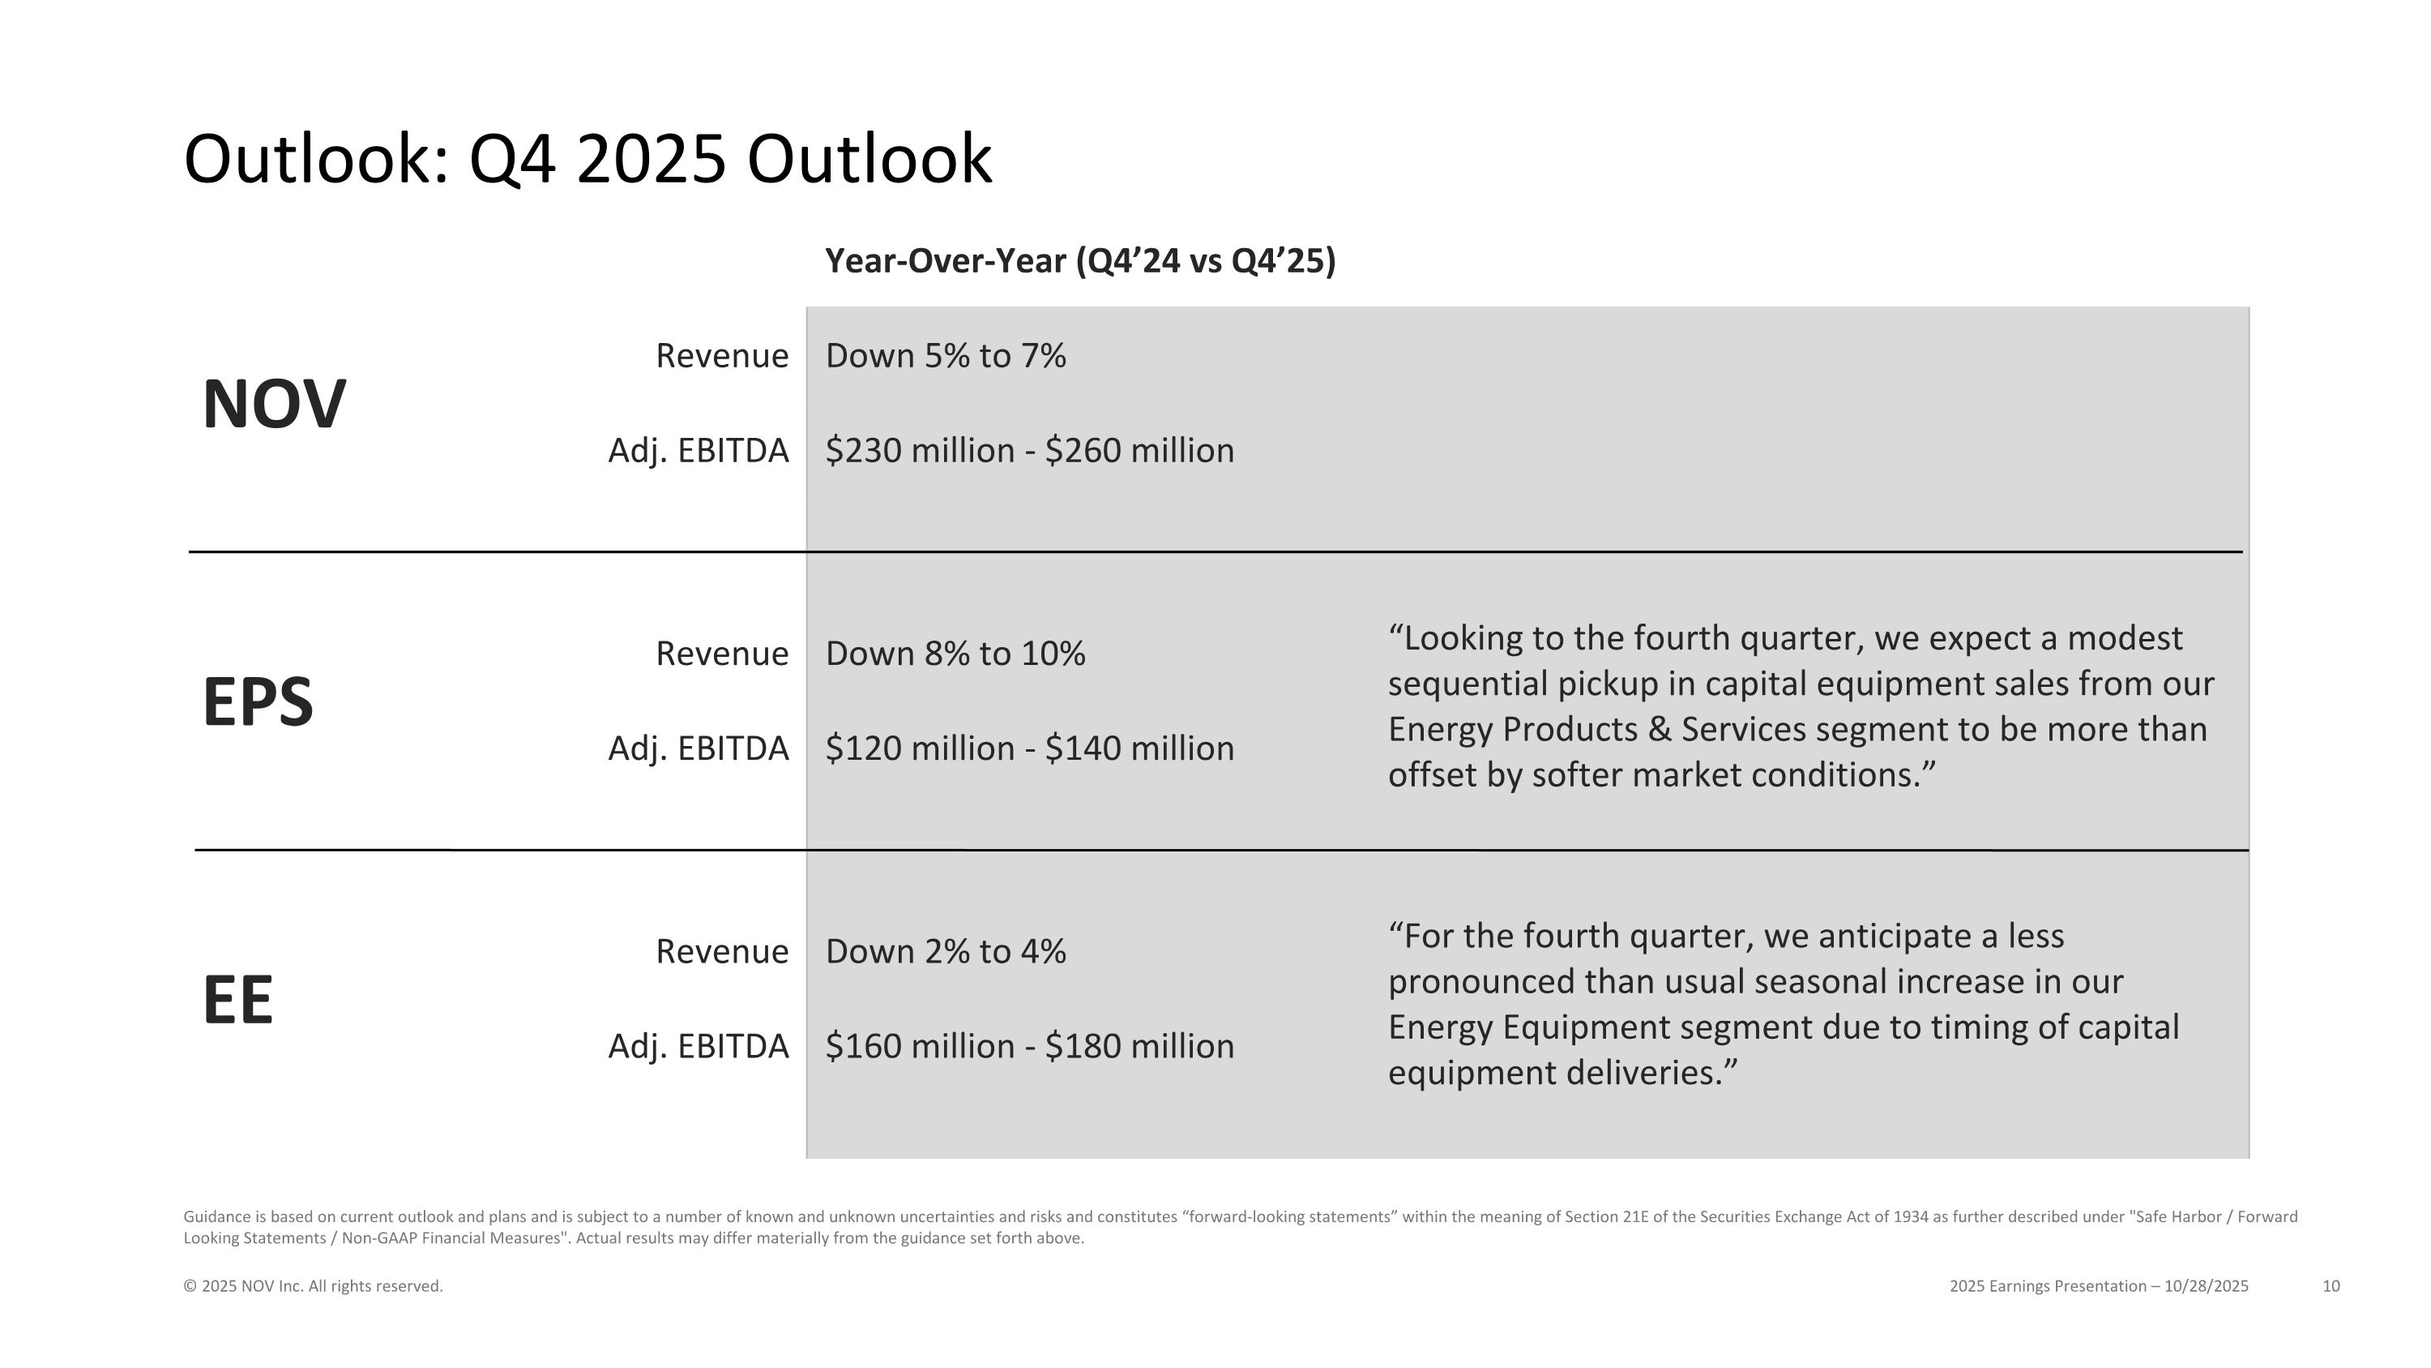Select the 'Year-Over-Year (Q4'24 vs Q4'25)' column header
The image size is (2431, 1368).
tap(1079, 260)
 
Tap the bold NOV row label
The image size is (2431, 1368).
tap(274, 404)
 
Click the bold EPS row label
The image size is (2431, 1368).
tap(257, 702)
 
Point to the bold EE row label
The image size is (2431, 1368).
tap(237, 1000)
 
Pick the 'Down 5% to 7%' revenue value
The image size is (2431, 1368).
tap(946, 356)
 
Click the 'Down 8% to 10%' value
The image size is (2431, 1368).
tap(955, 654)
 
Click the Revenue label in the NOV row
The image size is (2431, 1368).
tap(722, 356)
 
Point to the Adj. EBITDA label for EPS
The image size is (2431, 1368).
tap(699, 748)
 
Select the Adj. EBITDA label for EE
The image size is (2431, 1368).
tap(699, 1046)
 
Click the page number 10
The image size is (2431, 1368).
tap(2330, 1286)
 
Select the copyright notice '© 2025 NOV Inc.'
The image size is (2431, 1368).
tap(312, 1286)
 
